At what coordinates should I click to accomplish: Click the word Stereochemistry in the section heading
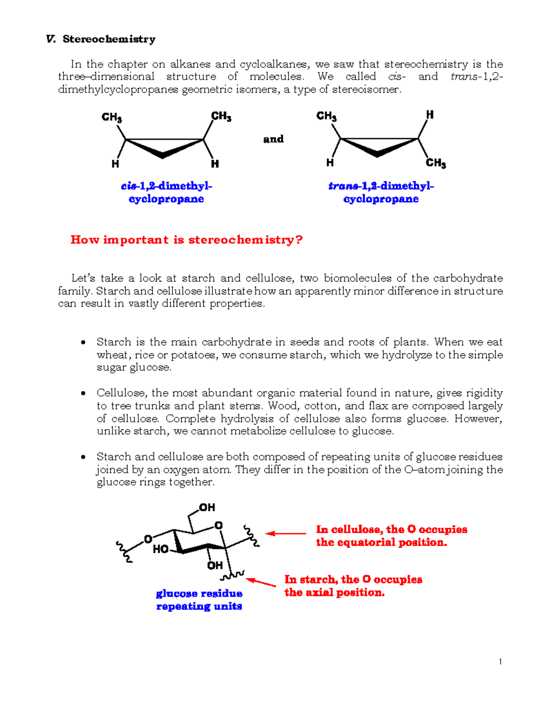pos(109,39)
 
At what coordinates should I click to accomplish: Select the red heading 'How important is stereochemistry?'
pos(186,240)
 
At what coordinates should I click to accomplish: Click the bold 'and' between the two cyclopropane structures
pos(273,139)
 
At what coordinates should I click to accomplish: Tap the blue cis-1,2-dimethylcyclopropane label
pos(166,192)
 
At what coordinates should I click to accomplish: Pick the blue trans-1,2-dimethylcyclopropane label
pos(381,192)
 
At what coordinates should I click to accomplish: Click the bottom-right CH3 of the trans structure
pos(436,163)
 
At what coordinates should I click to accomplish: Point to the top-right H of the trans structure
pos(429,115)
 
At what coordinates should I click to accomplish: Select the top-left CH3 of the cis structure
pos(111,117)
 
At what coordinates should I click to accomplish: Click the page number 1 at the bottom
pos(501,662)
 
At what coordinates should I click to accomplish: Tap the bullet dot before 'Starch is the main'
pos(83,342)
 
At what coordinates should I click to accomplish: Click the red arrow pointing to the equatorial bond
pos(286,533)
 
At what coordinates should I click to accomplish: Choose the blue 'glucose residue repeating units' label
pos(199,600)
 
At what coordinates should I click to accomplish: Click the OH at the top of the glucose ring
pos(206,507)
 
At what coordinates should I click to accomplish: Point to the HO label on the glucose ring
pos(161,549)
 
